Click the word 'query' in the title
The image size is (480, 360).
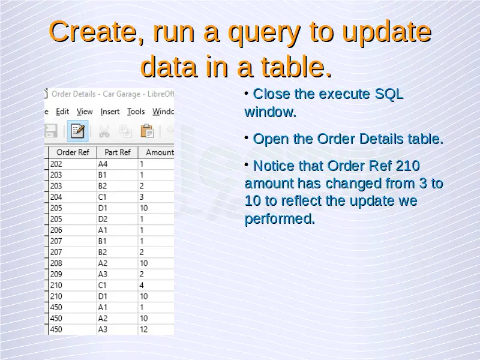click(264, 33)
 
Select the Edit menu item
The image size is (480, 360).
click(62, 112)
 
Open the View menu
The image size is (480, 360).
click(85, 112)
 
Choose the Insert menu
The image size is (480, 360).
click(110, 112)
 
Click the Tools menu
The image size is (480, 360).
click(136, 112)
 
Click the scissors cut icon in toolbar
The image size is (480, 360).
click(104, 131)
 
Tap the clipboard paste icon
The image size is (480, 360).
click(147, 131)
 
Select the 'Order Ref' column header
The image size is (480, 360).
click(73, 152)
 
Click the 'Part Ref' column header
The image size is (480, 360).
click(118, 152)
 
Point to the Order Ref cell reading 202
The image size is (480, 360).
click(73, 164)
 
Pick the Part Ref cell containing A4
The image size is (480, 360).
click(118, 164)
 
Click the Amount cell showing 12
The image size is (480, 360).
click(156, 329)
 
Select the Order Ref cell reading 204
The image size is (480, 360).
click(73, 197)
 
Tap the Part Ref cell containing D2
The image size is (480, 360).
click(118, 219)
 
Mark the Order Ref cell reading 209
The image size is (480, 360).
click(73, 274)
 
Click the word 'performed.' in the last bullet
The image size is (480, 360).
click(280, 219)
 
